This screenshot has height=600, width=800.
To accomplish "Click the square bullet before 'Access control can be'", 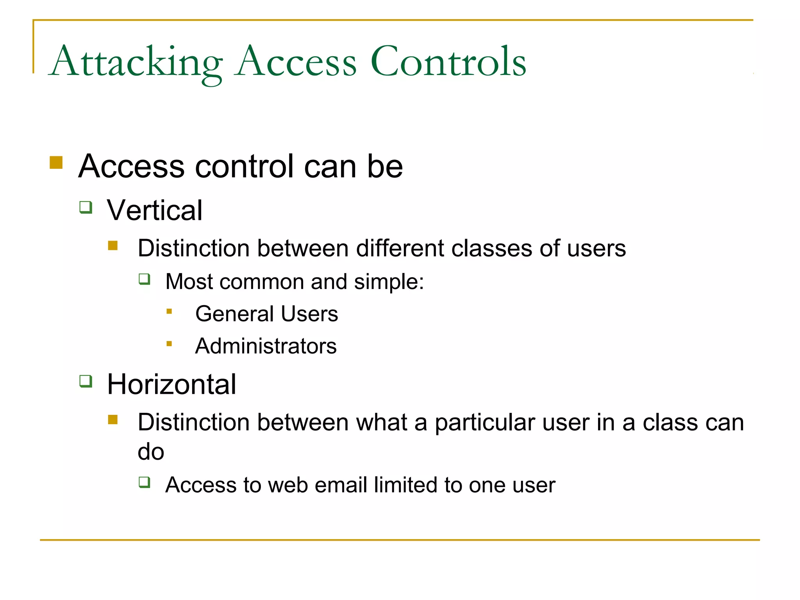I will (56, 162).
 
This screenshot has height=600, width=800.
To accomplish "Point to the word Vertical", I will (155, 211).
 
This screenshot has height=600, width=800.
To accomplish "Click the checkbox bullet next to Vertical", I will (86, 207).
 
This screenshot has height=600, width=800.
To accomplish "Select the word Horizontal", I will (171, 384).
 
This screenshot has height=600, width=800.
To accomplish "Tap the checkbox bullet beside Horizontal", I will (86, 381).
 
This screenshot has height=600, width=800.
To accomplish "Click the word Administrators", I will (266, 346).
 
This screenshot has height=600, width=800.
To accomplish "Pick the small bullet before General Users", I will (169, 311).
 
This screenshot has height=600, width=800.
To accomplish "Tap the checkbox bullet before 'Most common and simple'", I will (145, 279).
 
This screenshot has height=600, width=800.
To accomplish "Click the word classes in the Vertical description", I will (491, 248).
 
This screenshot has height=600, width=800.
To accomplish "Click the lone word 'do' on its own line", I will (151, 452).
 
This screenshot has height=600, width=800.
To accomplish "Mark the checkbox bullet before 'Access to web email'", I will (145, 482).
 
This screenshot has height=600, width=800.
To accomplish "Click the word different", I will (400, 248).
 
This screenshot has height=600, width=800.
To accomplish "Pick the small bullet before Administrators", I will (169, 344).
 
